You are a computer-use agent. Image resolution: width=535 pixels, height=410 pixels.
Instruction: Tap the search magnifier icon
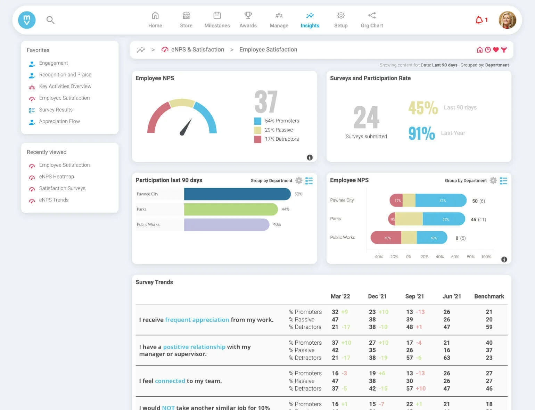click(x=50, y=20)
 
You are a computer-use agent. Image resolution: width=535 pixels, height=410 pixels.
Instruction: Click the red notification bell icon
click(x=479, y=20)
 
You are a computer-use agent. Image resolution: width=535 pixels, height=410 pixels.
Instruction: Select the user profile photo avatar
click(x=507, y=20)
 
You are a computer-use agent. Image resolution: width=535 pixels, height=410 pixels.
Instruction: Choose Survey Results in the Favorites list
click(x=56, y=110)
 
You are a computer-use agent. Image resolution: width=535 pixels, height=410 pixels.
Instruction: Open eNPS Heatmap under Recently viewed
click(x=56, y=177)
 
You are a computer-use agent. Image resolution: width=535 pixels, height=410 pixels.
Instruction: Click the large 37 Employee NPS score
click(x=266, y=102)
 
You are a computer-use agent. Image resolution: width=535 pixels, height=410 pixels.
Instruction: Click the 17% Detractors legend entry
click(x=281, y=139)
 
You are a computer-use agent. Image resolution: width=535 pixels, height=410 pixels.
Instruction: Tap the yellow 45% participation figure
click(x=423, y=108)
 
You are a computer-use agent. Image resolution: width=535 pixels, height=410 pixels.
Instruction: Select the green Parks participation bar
click(x=230, y=209)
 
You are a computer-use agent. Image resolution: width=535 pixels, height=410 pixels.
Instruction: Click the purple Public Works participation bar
click(x=226, y=224)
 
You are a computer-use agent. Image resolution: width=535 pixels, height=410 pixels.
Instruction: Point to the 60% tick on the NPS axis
click(x=455, y=256)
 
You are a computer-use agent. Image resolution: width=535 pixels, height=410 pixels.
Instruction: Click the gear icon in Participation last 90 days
click(x=299, y=180)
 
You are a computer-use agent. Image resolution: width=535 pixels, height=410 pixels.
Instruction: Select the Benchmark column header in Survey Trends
click(x=489, y=296)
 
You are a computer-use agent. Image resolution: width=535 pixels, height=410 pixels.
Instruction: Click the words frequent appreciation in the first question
click(x=197, y=320)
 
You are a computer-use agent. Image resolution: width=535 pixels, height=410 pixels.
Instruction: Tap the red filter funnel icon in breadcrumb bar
click(x=504, y=50)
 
